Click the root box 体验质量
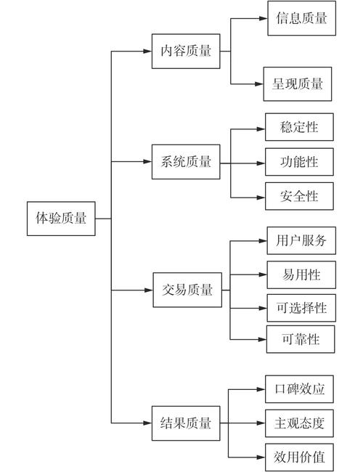pyautogui.click(x=61, y=218)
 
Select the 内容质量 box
pyautogui.click(x=186, y=51)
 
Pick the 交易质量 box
pyautogui.click(x=187, y=290)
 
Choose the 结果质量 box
pyautogui.click(x=186, y=423)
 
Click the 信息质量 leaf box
pyautogui.click(x=301, y=19)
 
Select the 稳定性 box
pyautogui.click(x=298, y=128)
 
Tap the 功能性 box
pyautogui.click(x=298, y=162)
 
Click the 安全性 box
pyautogui.click(x=298, y=196)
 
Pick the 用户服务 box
pyautogui.click(x=301, y=240)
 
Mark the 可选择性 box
pyautogui.click(x=301, y=308)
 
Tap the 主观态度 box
pyautogui.click(x=299, y=423)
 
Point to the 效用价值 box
pyautogui.click(x=299, y=457)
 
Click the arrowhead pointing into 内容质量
pyautogui.click(x=147, y=51)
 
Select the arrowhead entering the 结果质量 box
pyautogui.click(x=147, y=423)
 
